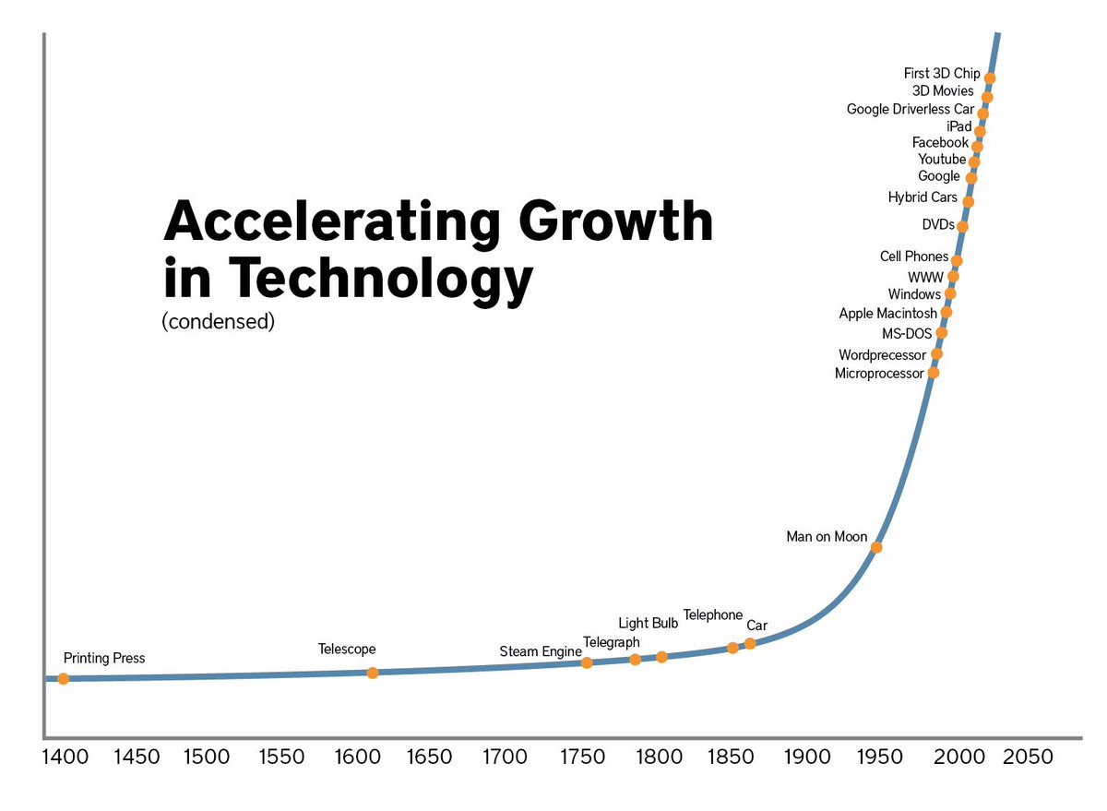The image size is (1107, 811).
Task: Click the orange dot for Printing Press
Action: coord(63,679)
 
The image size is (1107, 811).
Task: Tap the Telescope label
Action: coord(347,650)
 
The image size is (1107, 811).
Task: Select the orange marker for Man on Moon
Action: coord(876,548)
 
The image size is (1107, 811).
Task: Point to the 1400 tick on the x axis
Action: coord(65,757)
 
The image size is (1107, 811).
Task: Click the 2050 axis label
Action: coord(1028,757)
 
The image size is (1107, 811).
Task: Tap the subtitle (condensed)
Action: coord(218,323)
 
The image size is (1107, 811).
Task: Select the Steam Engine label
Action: coord(541,652)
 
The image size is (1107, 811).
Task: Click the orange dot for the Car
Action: coord(750,643)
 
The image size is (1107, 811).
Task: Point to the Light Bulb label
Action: coord(648,624)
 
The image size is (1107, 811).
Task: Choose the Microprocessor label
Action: coord(879,374)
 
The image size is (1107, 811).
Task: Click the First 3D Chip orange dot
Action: coord(990,78)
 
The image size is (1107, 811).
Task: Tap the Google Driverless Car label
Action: coord(910,110)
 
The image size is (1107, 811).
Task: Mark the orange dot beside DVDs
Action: coord(962,227)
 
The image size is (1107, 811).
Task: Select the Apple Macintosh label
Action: coord(887,314)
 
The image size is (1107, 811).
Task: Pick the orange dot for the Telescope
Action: coord(373,674)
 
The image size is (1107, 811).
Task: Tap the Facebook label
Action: coord(940,143)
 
